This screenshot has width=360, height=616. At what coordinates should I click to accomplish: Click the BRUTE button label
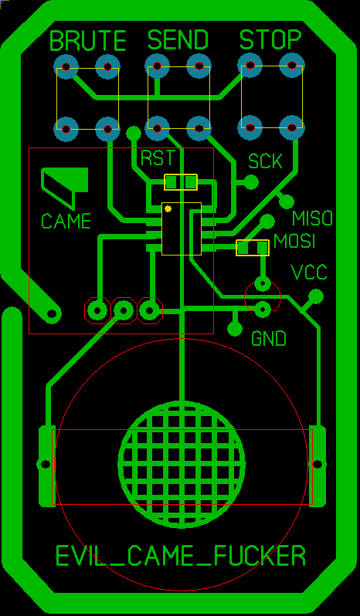pyautogui.click(x=88, y=40)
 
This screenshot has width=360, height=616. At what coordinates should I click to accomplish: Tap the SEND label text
pyautogui.click(x=178, y=39)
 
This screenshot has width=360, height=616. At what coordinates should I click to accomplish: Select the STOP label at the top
pyautogui.click(x=270, y=39)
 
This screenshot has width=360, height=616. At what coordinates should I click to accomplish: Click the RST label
pyautogui.click(x=157, y=158)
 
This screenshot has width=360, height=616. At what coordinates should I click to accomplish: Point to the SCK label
pyautogui.click(x=265, y=161)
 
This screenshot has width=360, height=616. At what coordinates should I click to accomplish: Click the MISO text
pyautogui.click(x=312, y=218)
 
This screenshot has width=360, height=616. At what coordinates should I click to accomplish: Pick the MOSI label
pyautogui.click(x=294, y=241)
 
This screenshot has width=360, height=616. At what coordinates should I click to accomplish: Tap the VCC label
pyautogui.click(x=308, y=272)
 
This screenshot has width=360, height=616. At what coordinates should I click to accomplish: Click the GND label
pyautogui.click(x=269, y=339)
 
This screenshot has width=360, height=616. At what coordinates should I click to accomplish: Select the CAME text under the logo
pyautogui.click(x=66, y=222)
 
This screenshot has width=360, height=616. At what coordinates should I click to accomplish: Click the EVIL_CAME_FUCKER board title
pyautogui.click(x=181, y=556)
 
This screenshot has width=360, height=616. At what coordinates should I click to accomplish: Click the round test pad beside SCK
pyautogui.click(x=251, y=182)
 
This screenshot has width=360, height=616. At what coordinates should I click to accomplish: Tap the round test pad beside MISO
pyautogui.click(x=287, y=202)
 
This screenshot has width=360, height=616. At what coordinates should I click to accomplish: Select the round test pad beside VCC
pyautogui.click(x=316, y=296)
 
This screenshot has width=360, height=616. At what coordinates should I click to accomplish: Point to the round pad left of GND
pyautogui.click(x=235, y=328)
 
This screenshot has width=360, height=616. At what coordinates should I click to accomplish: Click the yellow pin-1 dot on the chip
pyautogui.click(x=168, y=208)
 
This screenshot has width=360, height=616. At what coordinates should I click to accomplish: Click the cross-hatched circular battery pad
pyautogui.click(x=182, y=465)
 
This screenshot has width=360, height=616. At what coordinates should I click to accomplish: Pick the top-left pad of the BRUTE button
pyautogui.click(x=66, y=66)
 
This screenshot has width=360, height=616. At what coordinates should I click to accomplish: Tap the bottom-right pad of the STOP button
pyautogui.click(x=291, y=127)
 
